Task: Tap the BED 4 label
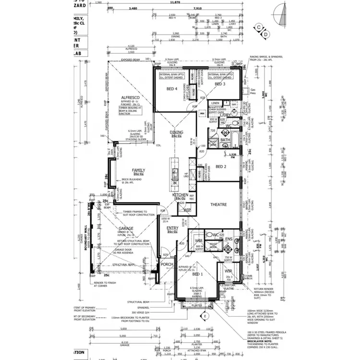172,89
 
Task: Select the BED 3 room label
220,84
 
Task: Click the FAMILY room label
139,170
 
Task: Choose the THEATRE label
218,204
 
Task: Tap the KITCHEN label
181,195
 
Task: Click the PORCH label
167,264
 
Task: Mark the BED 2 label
221,167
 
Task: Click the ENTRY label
172,228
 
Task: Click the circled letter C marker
259,27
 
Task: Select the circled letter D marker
266,34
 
